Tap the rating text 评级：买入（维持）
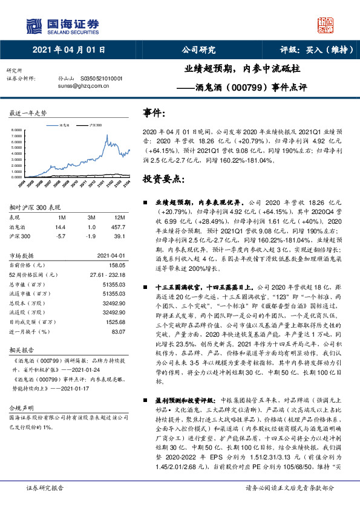pos(317,51)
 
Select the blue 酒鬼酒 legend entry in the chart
pos(63,124)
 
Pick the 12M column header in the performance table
pos(119,216)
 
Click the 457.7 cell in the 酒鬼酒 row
pos(118,226)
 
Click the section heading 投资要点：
pos(163,180)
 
